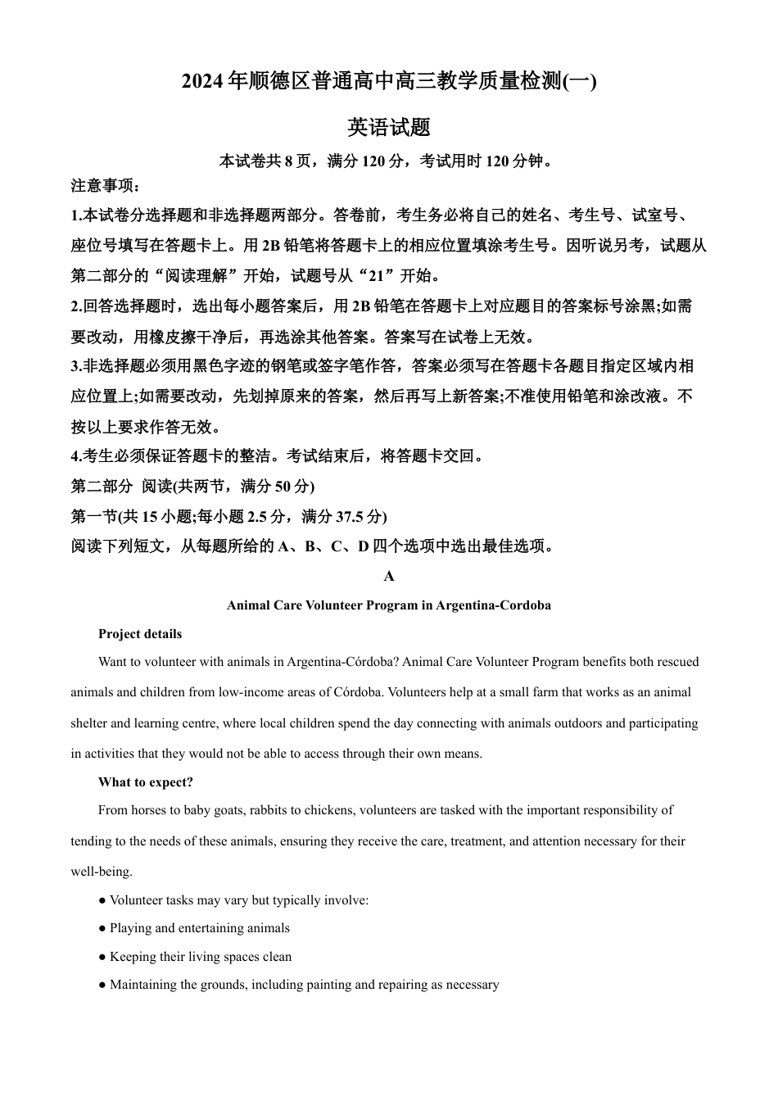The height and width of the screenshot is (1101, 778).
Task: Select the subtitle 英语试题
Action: tap(389, 128)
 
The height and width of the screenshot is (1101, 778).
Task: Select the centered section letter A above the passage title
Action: tap(389, 576)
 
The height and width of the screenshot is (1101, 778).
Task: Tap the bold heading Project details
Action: tap(140, 634)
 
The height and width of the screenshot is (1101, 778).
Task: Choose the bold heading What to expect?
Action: tap(146, 782)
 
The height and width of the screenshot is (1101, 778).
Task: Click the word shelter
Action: tap(89, 723)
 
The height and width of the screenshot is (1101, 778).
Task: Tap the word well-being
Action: tap(102, 872)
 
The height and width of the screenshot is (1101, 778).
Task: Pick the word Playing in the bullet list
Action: tap(130, 928)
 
